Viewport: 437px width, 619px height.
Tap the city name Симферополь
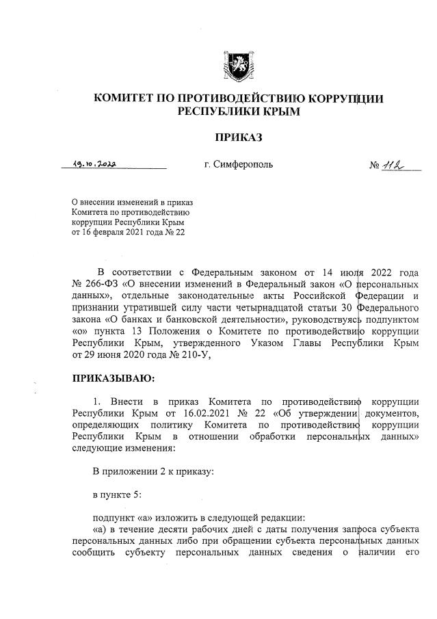(239, 165)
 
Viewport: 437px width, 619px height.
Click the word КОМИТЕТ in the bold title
(122, 98)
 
